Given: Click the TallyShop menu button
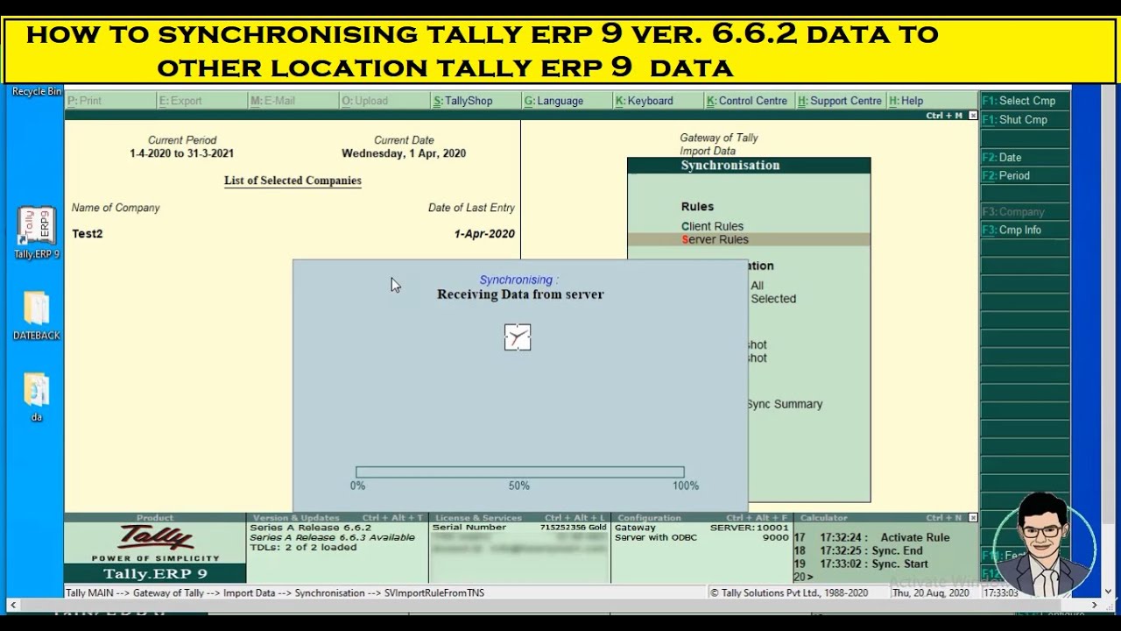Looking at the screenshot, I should [463, 101].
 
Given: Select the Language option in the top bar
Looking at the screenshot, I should [554, 101].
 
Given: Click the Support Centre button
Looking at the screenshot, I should [840, 101].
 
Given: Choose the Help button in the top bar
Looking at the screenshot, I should [906, 101].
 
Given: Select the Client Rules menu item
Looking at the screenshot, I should [712, 226].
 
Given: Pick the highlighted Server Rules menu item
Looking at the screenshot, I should [715, 239].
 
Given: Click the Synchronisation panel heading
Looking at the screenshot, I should [730, 166].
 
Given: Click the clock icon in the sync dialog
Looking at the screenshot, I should [518, 337].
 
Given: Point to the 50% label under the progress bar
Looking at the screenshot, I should [519, 486].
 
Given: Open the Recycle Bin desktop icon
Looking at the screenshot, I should [37, 91].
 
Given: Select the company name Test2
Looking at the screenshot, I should [88, 234].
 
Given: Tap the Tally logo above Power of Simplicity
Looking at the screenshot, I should [156, 537].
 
